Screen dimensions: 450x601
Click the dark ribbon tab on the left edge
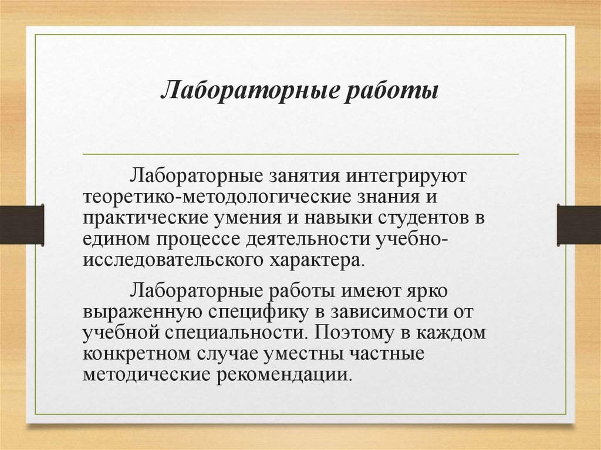(22, 224)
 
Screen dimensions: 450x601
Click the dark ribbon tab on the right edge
(579, 224)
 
